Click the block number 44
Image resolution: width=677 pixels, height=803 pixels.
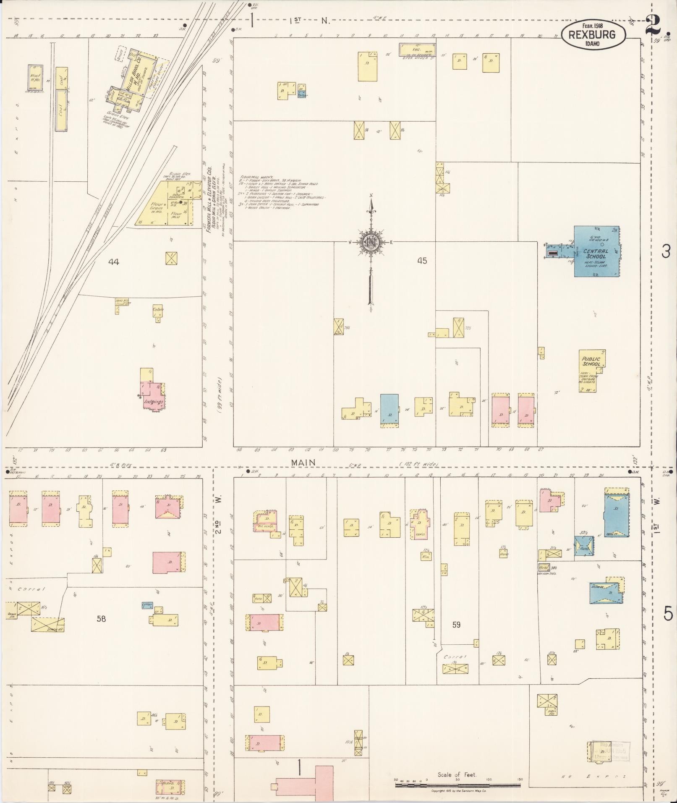coord(114,262)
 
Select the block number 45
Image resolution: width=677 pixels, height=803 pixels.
coord(422,261)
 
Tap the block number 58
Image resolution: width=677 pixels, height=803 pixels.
coord(101,618)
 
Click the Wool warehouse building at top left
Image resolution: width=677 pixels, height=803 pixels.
coord(36,77)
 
